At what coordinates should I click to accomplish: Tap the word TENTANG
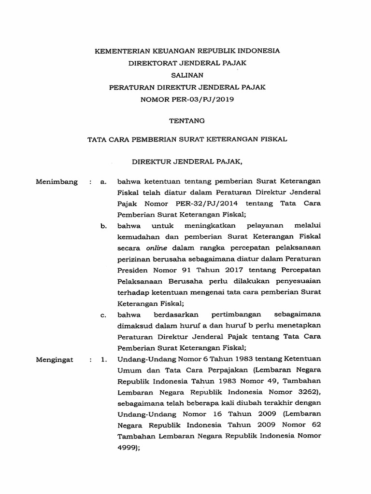pos(186,121)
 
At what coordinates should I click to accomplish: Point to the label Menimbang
pos(57,182)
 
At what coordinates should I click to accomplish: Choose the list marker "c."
pos(103,316)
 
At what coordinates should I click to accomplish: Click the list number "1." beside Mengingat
pos(102,360)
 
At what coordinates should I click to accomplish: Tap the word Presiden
pos(132,271)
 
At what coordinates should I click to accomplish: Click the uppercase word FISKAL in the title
pos(273,139)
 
